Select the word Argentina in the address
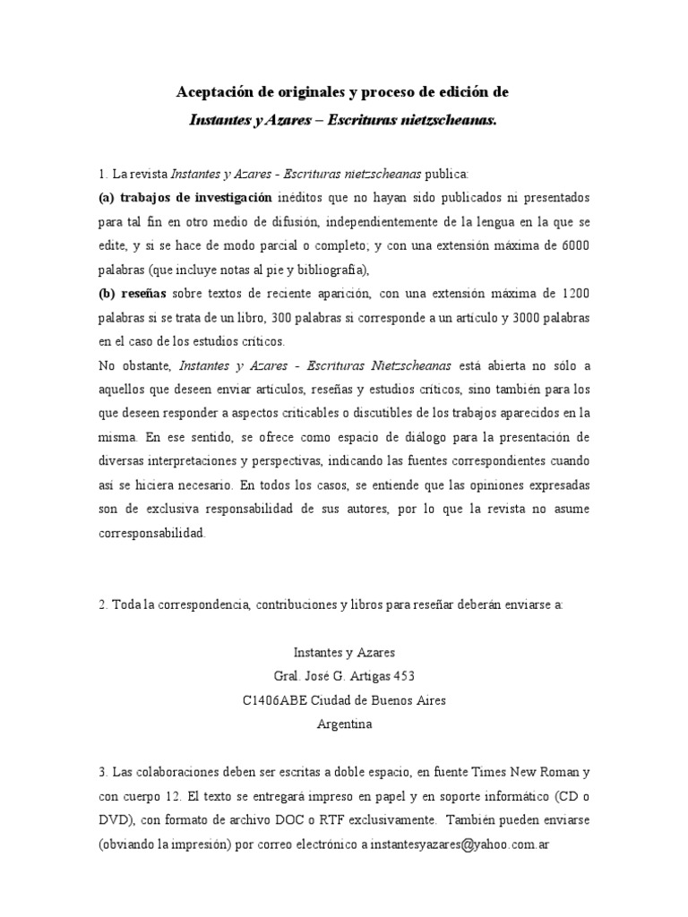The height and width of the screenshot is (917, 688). pos(344,724)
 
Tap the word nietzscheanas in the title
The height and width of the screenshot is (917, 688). pos(448,118)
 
